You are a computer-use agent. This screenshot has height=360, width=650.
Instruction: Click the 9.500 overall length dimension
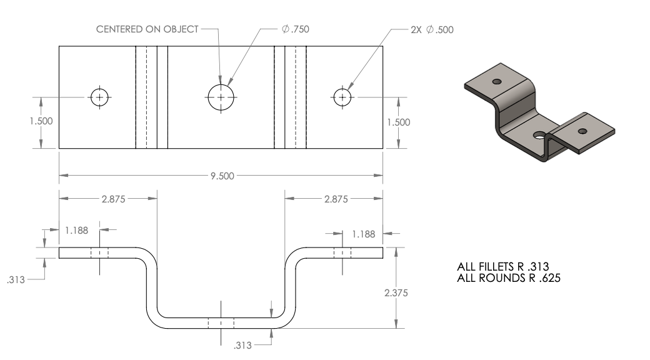pyautogui.click(x=222, y=176)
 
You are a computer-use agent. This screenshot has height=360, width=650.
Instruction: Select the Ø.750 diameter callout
pyautogui.click(x=296, y=29)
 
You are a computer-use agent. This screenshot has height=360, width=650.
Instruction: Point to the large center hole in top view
pyautogui.click(x=221, y=97)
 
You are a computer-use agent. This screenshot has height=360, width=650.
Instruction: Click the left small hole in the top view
pyautogui.click(x=99, y=97)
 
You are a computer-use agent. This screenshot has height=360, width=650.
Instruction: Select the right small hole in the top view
pyautogui.click(x=342, y=97)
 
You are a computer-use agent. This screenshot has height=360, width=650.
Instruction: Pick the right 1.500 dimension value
pyautogui.click(x=398, y=122)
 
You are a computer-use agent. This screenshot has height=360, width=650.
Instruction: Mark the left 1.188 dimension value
pyautogui.click(x=77, y=230)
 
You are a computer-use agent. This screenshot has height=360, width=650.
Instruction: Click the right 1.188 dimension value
pyautogui.click(x=363, y=234)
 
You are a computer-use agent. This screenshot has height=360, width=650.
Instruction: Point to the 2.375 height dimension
pyautogui.click(x=397, y=291)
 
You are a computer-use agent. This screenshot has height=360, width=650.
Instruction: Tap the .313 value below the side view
pyautogui.click(x=242, y=346)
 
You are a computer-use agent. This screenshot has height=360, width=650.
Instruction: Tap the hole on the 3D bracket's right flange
pyautogui.click(x=583, y=131)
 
